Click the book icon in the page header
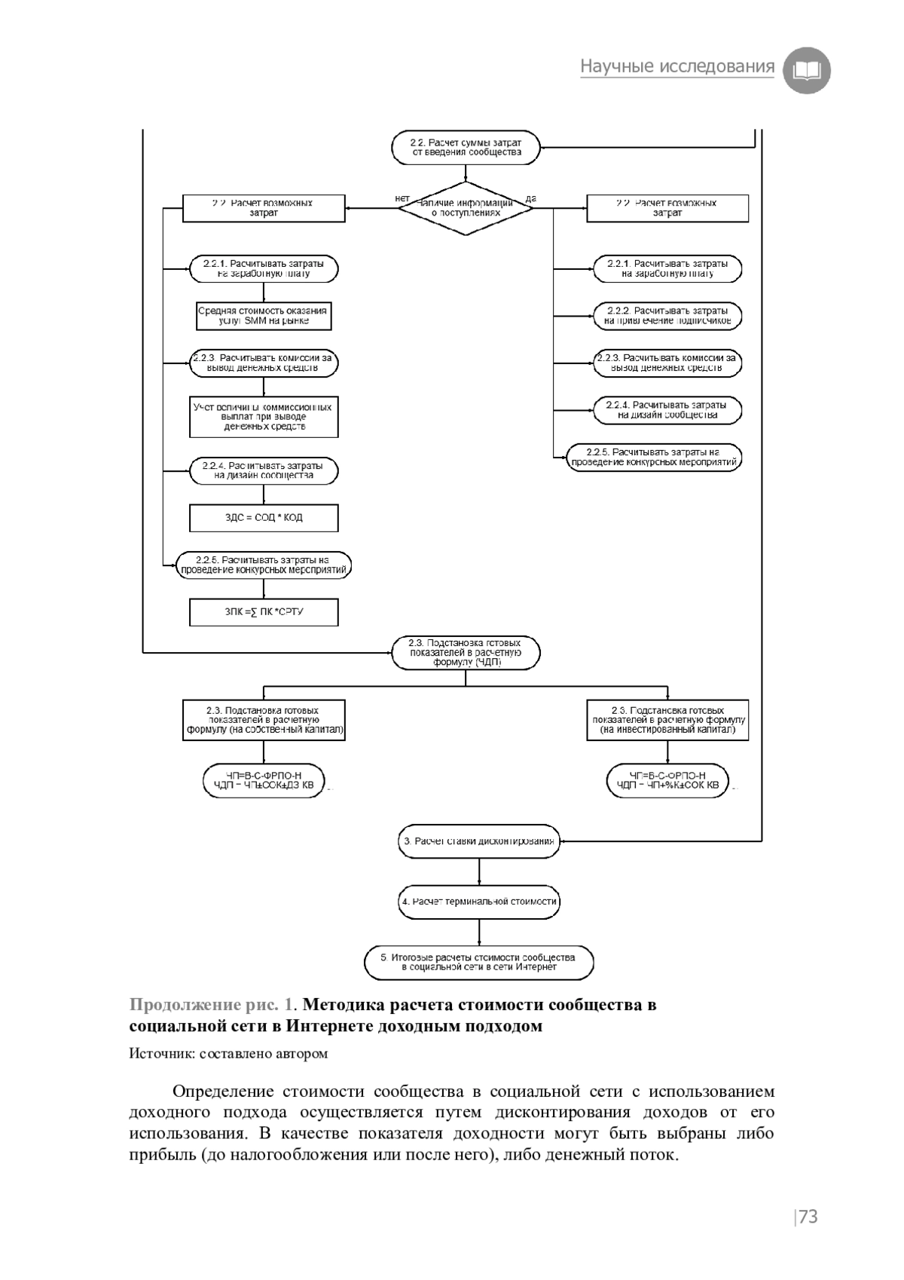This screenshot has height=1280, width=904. click(x=807, y=70)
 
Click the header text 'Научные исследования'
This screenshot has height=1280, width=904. click(x=676, y=67)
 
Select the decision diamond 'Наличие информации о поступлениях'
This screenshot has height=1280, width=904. click(x=465, y=208)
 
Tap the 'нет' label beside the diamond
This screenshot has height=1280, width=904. click(x=402, y=198)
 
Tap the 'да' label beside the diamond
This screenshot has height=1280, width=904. click(x=530, y=198)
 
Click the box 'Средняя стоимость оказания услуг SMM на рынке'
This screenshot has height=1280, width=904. click(x=263, y=316)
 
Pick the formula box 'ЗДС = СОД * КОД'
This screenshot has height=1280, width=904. click(x=263, y=518)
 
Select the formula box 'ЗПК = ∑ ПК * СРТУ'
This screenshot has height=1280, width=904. click(x=263, y=612)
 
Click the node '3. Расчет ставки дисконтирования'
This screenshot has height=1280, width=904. click(x=479, y=841)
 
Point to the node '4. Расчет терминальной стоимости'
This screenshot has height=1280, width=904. click(x=479, y=902)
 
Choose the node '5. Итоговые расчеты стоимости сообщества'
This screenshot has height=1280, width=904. click(x=479, y=962)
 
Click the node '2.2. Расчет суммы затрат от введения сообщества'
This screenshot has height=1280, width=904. click(x=466, y=147)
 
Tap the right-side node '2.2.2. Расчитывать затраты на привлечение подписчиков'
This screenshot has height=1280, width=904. click(x=667, y=316)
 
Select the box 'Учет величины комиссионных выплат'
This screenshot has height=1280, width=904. click(x=263, y=417)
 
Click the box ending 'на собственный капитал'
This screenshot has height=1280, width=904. click(x=264, y=720)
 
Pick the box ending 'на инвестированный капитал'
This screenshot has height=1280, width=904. click(x=667, y=720)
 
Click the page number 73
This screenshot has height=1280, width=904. click(x=807, y=1217)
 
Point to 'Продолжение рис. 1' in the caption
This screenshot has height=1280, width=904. click(x=214, y=1005)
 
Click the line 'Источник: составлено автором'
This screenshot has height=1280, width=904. click(x=228, y=1053)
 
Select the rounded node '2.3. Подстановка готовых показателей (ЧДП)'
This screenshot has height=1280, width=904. click(x=466, y=653)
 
